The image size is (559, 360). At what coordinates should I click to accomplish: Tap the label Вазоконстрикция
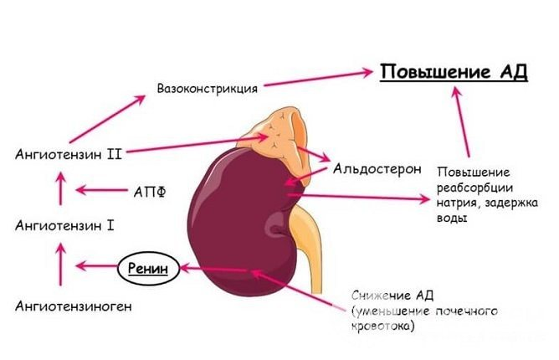[x=208, y=87]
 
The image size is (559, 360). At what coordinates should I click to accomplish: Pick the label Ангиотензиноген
[x=73, y=306]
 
